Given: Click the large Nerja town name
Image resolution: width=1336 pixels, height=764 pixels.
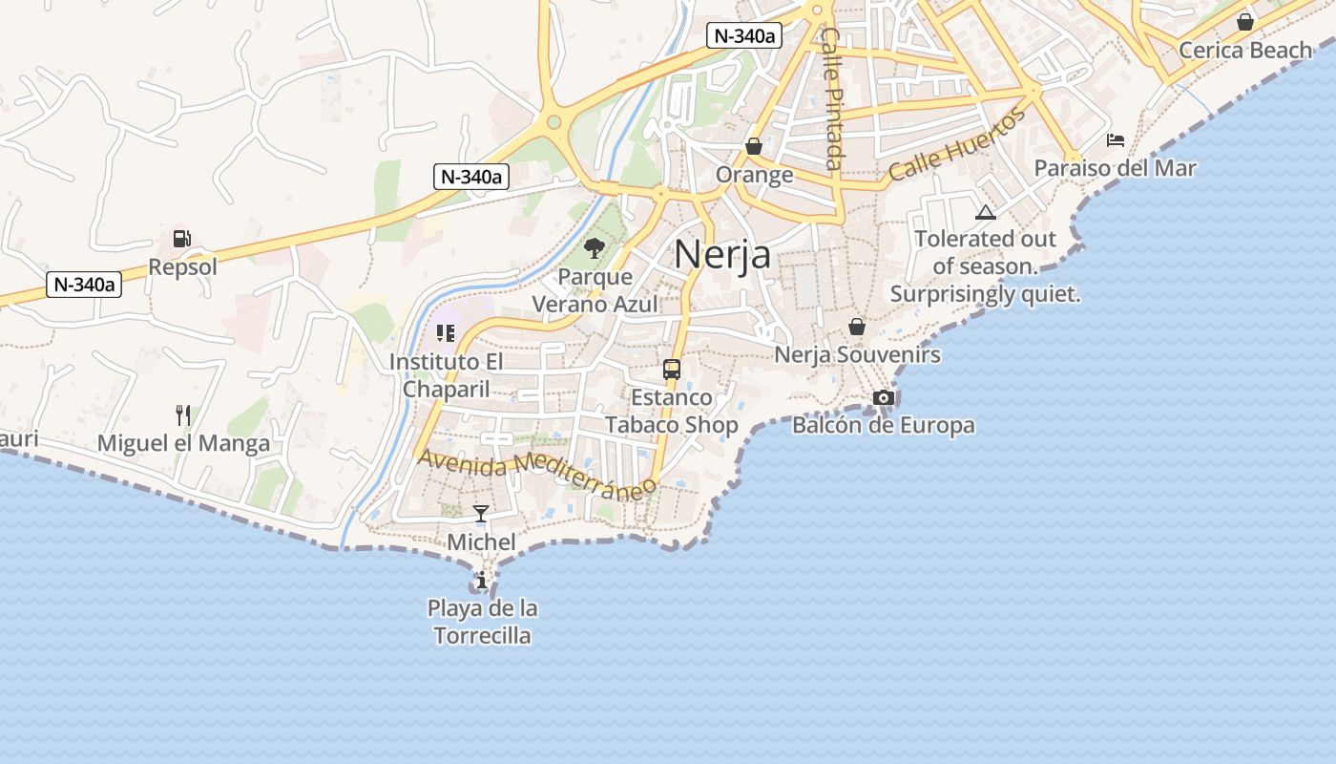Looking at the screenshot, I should [x=722, y=255].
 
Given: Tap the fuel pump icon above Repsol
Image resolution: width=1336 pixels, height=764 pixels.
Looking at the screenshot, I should [x=181, y=239].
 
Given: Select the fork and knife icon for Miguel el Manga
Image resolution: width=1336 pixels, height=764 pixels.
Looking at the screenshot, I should [x=183, y=414].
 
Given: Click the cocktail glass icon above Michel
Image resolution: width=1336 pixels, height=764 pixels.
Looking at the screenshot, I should [x=481, y=514].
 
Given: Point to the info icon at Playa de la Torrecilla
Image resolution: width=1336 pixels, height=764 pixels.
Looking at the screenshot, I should [x=482, y=580].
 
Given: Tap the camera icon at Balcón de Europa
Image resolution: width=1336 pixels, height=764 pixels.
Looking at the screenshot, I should [x=884, y=397].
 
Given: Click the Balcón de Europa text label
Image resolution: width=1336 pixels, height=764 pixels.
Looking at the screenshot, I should [x=884, y=425].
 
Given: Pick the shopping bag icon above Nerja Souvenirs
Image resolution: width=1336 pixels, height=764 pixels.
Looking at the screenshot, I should [x=857, y=327].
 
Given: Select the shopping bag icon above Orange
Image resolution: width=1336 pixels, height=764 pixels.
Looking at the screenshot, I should [x=754, y=146].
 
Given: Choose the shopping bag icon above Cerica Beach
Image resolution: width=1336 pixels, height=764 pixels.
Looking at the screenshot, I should [x=1245, y=22].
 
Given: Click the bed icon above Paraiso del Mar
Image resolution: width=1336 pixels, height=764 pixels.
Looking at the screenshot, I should [x=1116, y=140].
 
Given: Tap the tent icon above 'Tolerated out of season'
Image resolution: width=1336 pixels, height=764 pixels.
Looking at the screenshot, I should [x=986, y=212].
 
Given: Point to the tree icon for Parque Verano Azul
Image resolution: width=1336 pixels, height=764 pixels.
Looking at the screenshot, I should [x=595, y=248].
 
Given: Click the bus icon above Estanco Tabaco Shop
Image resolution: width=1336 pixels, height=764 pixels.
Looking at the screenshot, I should [x=672, y=370].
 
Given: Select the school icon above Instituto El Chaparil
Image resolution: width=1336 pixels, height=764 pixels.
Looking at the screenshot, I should [x=445, y=333].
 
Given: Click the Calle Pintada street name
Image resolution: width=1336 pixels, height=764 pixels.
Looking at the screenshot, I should [x=832, y=98].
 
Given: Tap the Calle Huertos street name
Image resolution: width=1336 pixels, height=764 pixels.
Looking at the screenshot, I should [x=957, y=145].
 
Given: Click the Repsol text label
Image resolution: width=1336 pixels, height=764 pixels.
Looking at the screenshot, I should [x=182, y=267].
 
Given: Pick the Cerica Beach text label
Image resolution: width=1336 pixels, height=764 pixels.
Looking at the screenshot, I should [x=1245, y=50].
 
